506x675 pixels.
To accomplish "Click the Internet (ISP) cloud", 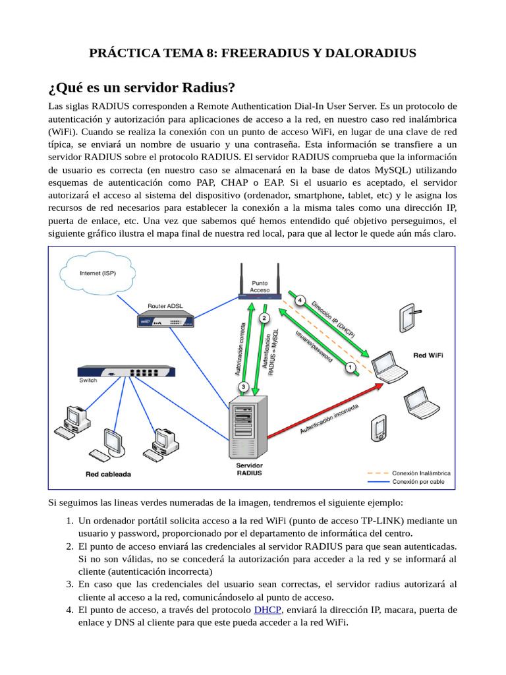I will coord(99,273).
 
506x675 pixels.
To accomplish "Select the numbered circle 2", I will coord(264,318).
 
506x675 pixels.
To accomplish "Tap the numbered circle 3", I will coord(244,386).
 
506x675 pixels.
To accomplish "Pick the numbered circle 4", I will coord(300,301).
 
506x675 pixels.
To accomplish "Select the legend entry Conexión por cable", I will coord(418,481).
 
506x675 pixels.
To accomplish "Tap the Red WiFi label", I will coord(428,355).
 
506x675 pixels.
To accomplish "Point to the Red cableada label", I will coord(108,474).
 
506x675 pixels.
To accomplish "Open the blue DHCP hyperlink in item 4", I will coord(267,610).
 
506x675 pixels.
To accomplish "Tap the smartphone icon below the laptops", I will coord(379,428).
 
